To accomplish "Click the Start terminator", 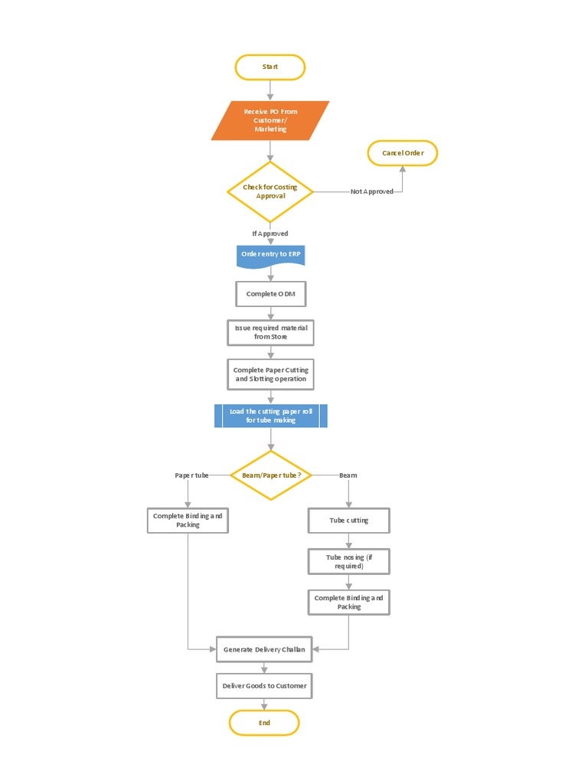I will [x=269, y=67].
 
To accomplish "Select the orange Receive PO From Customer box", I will [x=270, y=120].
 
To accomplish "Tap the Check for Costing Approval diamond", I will [x=270, y=191].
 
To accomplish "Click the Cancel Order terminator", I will [x=403, y=153].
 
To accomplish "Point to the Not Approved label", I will [x=372, y=191].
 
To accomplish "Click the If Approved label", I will [x=270, y=234].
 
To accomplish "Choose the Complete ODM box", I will [x=270, y=294].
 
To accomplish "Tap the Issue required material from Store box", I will [x=270, y=332].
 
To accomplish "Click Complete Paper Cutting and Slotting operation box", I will [x=270, y=374].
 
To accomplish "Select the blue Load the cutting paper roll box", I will [x=270, y=416].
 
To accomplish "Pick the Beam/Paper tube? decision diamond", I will [x=271, y=475].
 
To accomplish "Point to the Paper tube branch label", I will [x=191, y=475].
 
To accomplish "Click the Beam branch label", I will [x=348, y=475].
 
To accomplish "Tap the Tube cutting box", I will [x=348, y=521].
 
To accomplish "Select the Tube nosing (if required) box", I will [x=348, y=561].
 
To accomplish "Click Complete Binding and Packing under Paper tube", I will [x=188, y=521].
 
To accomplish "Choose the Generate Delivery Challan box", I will [x=264, y=649].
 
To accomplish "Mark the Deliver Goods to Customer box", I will [x=264, y=686].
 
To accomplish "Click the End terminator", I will [x=264, y=723].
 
